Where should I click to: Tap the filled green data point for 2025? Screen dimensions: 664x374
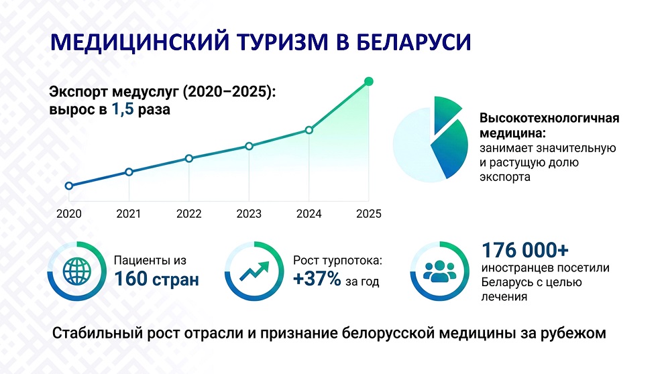click(x=369, y=81)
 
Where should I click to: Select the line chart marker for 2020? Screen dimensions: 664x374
click(x=69, y=186)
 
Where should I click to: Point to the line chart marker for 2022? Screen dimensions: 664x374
click(x=189, y=158)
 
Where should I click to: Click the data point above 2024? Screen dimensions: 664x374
click(x=309, y=130)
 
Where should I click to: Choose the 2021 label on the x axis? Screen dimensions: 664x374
click(x=129, y=214)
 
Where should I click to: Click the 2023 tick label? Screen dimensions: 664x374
click(x=249, y=214)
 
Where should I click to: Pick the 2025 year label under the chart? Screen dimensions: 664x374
click(x=369, y=214)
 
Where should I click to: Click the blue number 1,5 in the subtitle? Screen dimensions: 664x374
click(x=123, y=109)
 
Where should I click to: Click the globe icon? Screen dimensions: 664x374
click(x=76, y=271)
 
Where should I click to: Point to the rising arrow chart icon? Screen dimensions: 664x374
click(x=254, y=271)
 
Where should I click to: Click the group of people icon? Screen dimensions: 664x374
click(x=439, y=271)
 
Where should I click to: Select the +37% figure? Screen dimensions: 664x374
click(x=317, y=279)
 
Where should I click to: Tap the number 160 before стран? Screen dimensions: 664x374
click(x=131, y=279)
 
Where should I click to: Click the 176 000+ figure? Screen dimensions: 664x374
click(x=525, y=250)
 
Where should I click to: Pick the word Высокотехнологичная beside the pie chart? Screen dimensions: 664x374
click(x=549, y=118)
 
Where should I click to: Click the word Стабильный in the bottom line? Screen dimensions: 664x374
click(x=97, y=333)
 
